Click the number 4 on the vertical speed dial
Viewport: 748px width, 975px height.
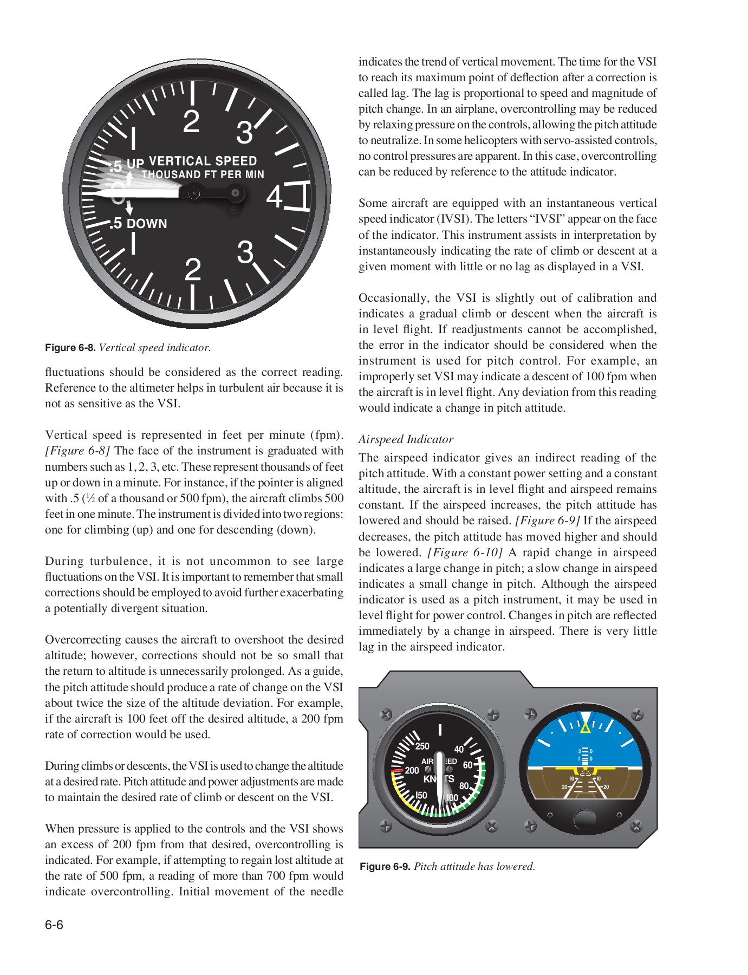(275, 197)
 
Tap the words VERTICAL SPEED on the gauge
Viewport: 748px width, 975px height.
(203, 161)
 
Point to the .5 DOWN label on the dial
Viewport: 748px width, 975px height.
(138, 224)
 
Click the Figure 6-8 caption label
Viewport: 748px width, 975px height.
(70, 348)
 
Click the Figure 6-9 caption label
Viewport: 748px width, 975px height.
(385, 866)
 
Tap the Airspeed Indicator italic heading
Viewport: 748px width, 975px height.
(406, 439)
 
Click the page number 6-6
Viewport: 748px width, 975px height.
(54, 925)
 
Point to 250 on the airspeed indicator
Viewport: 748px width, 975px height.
(422, 746)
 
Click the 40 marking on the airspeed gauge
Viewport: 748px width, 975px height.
(459, 750)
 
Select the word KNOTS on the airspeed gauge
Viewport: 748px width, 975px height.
(439, 779)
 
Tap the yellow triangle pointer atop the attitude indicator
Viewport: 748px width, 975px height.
(586, 728)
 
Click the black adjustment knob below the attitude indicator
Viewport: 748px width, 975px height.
(584, 818)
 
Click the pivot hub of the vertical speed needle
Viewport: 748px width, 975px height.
(193, 193)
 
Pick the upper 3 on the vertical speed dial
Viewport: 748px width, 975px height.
(245, 133)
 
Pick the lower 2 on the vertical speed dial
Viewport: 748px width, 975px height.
(193, 270)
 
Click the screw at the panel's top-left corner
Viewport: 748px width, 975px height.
(386, 714)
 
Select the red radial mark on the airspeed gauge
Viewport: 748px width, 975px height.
(397, 770)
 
